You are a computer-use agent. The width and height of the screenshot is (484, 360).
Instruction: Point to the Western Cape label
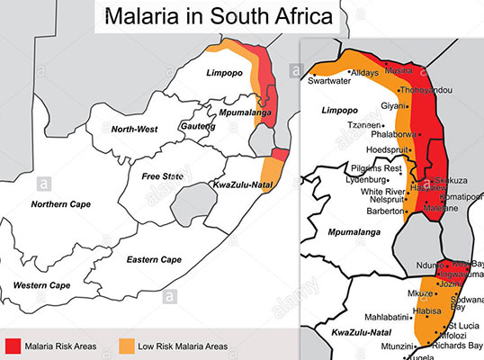click(41, 285)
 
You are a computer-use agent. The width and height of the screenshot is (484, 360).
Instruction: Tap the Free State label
click(162, 175)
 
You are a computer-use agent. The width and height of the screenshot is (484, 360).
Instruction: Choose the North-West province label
click(134, 130)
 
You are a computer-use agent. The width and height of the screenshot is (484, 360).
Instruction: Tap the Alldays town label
click(365, 72)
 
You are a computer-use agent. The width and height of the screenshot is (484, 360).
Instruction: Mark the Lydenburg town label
click(372, 180)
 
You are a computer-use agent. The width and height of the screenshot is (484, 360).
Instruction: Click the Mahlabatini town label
click(381, 316)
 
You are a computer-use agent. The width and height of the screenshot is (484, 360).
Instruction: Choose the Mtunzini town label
click(396, 346)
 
